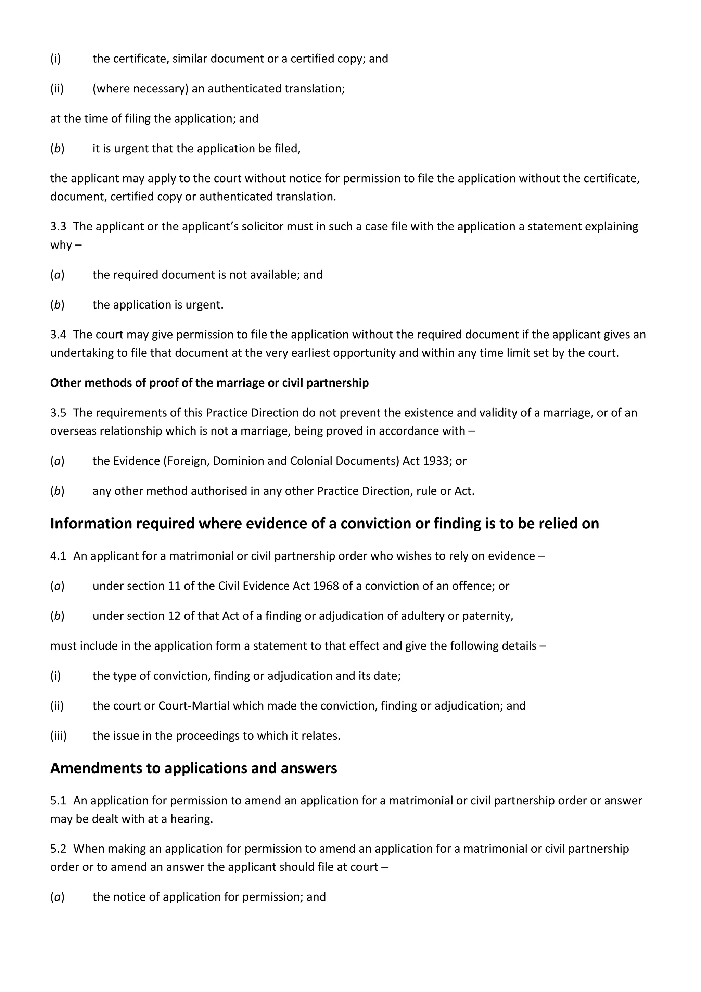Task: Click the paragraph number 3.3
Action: coord(58,226)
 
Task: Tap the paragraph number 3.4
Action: coord(58,335)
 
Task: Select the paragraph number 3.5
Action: coord(58,413)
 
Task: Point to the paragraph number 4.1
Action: coord(58,556)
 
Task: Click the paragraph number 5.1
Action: coord(58,801)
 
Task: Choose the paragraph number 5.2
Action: coord(58,849)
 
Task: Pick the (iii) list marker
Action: coord(58,736)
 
